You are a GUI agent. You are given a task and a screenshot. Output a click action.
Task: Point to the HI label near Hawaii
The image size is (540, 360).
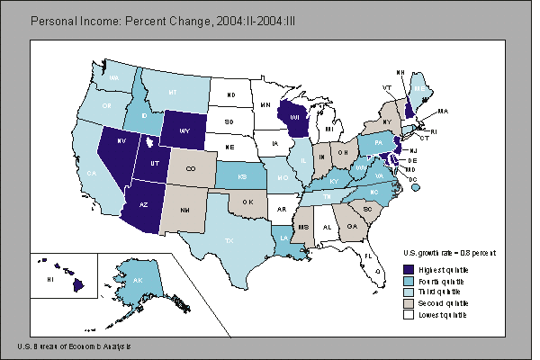pyautogui.click(x=50, y=280)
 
